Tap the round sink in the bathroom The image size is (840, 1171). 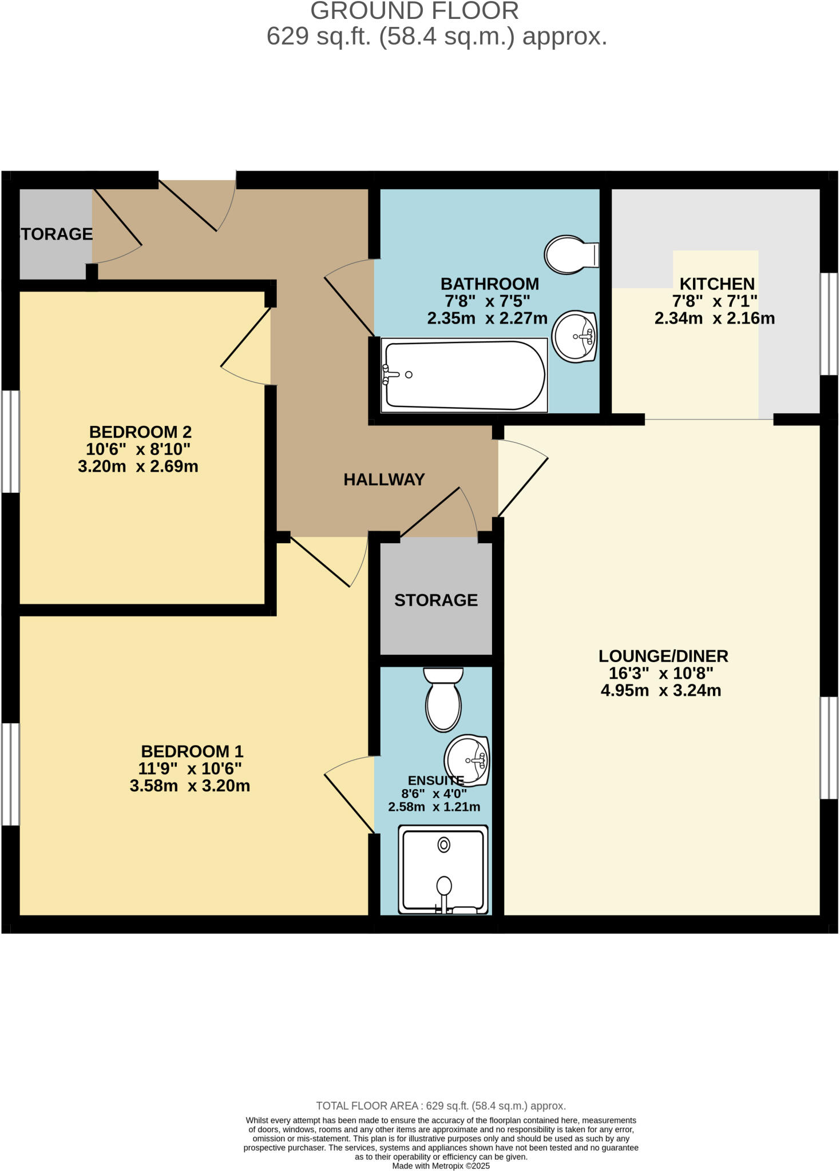point(575,336)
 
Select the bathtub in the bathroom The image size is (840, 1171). point(464,375)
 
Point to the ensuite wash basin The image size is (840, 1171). point(467,759)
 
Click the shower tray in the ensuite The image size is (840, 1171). point(443,869)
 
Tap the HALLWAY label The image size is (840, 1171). point(384,480)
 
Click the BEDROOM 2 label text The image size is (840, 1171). point(140,432)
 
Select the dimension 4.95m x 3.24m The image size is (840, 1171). point(660,691)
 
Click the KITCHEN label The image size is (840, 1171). point(716,284)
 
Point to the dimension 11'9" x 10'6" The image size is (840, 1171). point(189,768)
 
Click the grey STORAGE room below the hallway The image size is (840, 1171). point(436,599)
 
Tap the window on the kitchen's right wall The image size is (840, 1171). point(829,324)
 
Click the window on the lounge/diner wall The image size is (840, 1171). point(829,747)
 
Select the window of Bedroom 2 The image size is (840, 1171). point(10,441)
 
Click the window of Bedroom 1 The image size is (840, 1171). point(10,774)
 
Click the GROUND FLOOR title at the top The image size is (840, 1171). point(415,11)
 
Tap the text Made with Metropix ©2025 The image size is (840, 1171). point(441,1166)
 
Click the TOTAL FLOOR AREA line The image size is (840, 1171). point(441,1106)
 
